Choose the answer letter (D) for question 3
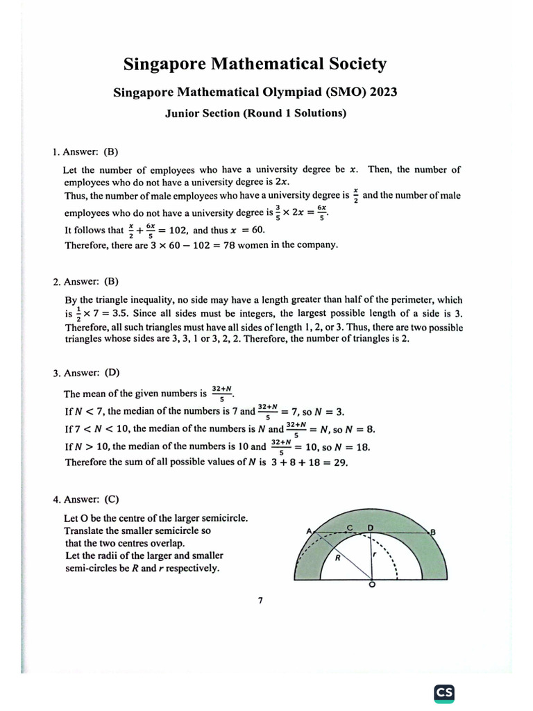(x=111, y=373)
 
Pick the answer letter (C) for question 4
(x=111, y=499)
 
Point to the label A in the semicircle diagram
(x=308, y=531)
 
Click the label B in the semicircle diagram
(x=433, y=532)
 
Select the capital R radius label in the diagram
(x=337, y=557)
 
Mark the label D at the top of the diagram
(x=371, y=527)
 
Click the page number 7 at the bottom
(x=260, y=601)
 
